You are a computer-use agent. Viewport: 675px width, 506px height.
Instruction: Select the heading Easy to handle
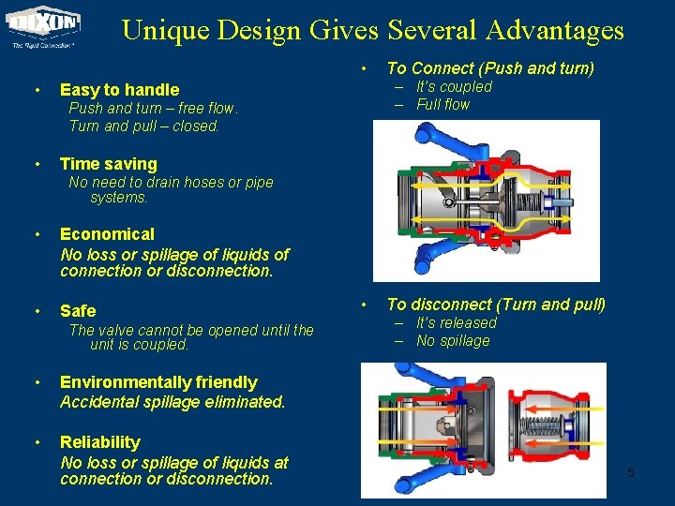[x=119, y=90]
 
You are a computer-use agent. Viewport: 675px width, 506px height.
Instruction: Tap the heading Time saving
[x=108, y=164]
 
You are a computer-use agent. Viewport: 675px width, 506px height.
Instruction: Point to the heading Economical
[x=107, y=234]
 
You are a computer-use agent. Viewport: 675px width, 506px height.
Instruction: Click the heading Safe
[x=78, y=310]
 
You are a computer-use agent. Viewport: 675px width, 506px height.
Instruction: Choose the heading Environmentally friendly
[x=158, y=382]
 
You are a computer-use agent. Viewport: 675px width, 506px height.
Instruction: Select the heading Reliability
[x=100, y=442]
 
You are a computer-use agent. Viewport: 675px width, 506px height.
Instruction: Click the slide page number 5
[x=630, y=472]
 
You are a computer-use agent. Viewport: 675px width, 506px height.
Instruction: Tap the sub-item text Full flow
[x=442, y=104]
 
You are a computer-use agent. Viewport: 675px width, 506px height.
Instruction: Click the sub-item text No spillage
[x=453, y=341]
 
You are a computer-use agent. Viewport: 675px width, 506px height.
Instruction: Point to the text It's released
[x=457, y=322]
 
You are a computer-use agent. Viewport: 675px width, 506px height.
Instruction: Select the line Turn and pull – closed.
[x=144, y=126]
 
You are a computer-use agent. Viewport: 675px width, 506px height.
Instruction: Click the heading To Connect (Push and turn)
[x=490, y=67]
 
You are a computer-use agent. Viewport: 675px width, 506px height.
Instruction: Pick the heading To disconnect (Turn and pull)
[x=496, y=305]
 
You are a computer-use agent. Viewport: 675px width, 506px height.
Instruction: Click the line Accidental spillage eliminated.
[x=172, y=402]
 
